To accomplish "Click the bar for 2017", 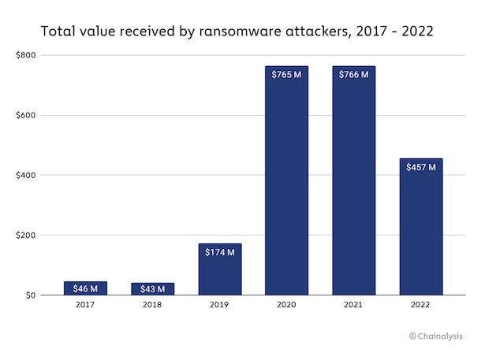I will pyautogui.click(x=85, y=288).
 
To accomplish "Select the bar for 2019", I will pyautogui.click(x=220, y=272).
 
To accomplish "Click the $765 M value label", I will pyautogui.click(x=287, y=75).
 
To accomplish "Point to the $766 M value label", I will pyautogui.click(x=354, y=75).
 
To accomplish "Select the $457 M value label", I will pyautogui.click(x=421, y=167).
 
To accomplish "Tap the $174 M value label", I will pyautogui.click(x=220, y=252).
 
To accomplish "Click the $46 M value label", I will pyautogui.click(x=85, y=288).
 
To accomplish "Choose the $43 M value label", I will pyautogui.click(x=152, y=289).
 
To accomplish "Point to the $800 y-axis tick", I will pyautogui.click(x=25, y=56).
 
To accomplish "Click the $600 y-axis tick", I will pyautogui.click(x=25, y=116).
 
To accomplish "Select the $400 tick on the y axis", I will pyautogui.click(x=25, y=175).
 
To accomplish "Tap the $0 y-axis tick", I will pyautogui.click(x=29, y=295).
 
